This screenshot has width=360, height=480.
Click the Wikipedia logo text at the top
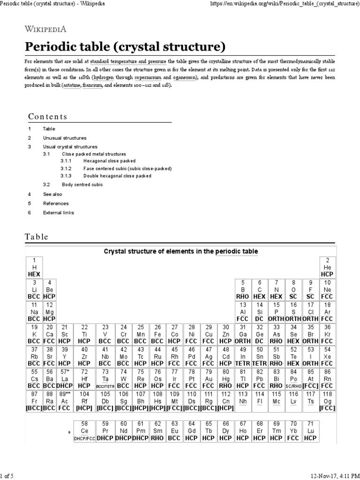pyautogui.click(x=46, y=29)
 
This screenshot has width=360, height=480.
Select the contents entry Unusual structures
pyautogui.click(x=65, y=138)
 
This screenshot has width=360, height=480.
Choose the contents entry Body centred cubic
pyautogui.click(x=82, y=185)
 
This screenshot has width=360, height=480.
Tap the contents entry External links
pyautogui.click(x=58, y=212)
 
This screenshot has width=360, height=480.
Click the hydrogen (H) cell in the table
pyautogui.click(x=34, y=267)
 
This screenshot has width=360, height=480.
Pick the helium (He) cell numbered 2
pyautogui.click(x=327, y=267)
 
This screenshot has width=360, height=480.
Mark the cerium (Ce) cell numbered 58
pyautogui.click(x=85, y=430)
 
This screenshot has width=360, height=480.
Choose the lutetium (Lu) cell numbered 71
pyautogui.click(x=309, y=430)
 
